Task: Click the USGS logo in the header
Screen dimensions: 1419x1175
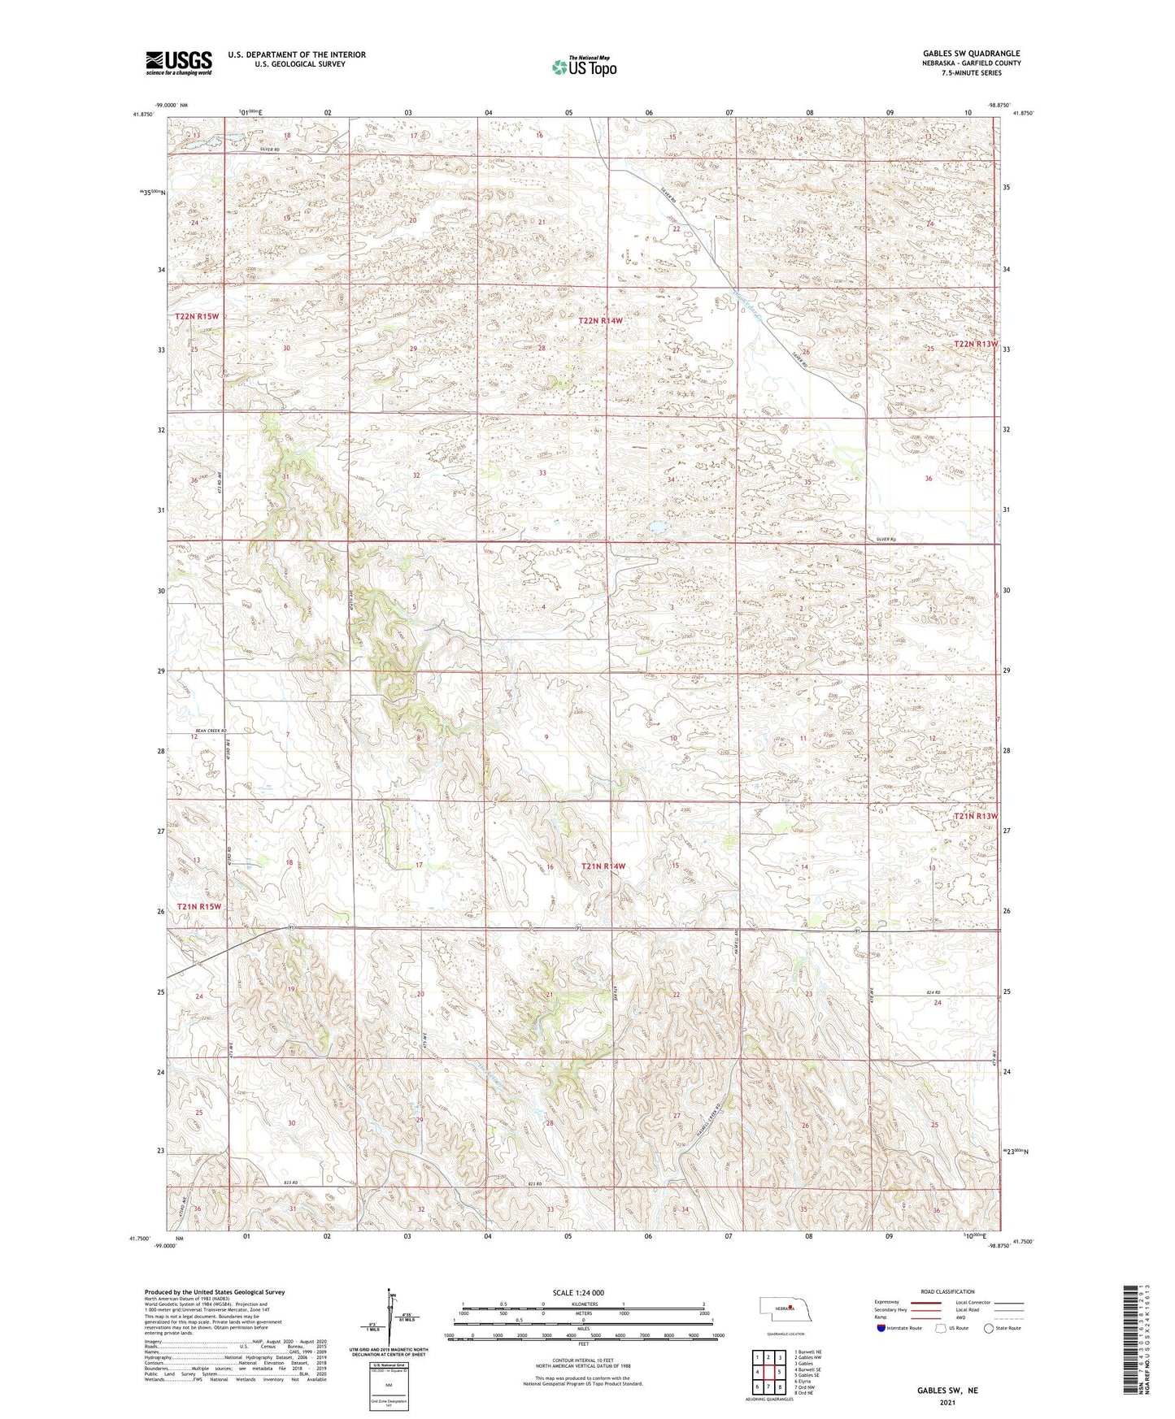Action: pos(178,63)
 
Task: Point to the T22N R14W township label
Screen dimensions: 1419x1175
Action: pos(600,321)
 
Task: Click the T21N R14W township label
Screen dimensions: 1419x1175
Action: pos(603,867)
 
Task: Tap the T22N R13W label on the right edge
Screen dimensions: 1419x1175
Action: pos(976,344)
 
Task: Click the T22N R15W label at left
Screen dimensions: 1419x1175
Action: pos(197,315)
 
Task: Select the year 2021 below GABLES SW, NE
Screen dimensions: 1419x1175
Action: pos(947,1401)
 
